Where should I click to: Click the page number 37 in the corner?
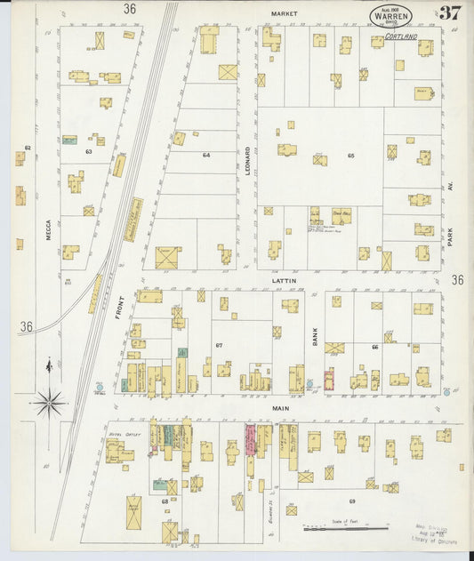[x=449, y=12]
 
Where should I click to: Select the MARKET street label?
[x=284, y=14]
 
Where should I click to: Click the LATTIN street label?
[x=285, y=280]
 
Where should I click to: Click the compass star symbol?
[x=50, y=404]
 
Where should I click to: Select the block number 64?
[x=206, y=156]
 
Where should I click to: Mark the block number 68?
[x=164, y=501]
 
